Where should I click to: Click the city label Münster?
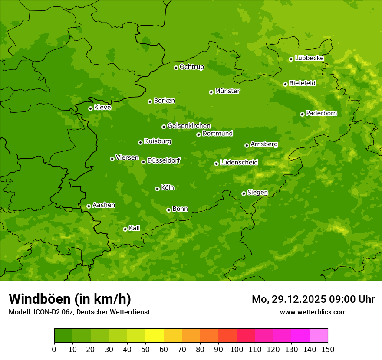coord(227,91)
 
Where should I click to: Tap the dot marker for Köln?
coord(157,189)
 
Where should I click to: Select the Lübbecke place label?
coord(309,58)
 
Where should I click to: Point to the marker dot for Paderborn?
coord(302,114)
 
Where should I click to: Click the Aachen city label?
coord(104,205)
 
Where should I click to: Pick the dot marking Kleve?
coord(90,108)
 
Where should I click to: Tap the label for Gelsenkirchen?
coord(189,126)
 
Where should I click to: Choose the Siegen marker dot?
coord(244,193)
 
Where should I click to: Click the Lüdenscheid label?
coord(239,163)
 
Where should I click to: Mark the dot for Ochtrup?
coord(176,68)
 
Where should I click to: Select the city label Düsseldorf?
coord(164,160)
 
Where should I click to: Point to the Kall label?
coord(135,228)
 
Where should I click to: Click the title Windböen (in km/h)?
coord(70,299)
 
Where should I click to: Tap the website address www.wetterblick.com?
coord(313,312)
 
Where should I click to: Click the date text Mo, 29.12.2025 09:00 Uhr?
coord(313,299)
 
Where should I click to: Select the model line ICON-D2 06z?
coord(79,312)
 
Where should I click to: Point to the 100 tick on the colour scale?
coord(237,349)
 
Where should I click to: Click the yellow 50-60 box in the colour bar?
coord(155,336)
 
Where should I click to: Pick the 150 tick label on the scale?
coord(328,349)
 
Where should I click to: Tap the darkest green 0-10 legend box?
coord(63,336)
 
